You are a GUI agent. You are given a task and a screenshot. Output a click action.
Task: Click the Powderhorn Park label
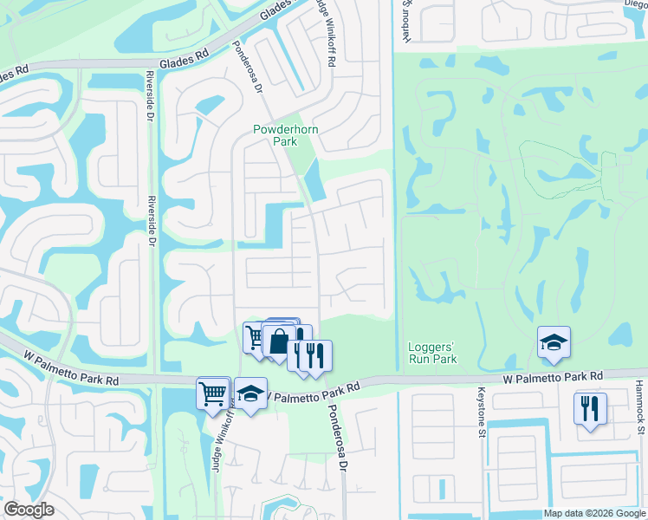point(275,135)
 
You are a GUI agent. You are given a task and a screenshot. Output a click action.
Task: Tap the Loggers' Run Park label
point(432,353)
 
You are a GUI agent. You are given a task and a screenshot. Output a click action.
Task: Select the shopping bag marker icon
point(278,341)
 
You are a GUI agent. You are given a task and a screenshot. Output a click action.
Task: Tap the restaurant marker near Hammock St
point(590,407)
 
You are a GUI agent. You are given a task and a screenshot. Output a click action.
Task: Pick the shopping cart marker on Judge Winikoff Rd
point(213,393)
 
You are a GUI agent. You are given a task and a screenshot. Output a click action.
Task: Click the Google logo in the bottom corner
point(29,510)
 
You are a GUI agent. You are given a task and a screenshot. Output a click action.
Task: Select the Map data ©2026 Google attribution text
point(593,513)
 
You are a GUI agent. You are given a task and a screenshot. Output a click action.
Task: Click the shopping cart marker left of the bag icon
point(254,337)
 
